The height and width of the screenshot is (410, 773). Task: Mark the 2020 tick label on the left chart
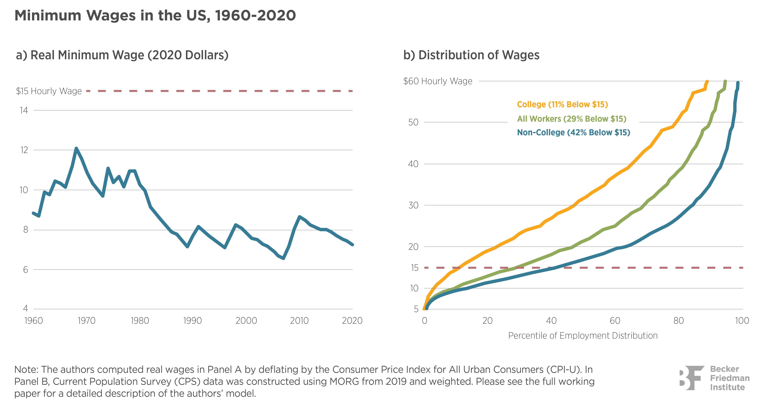(352, 321)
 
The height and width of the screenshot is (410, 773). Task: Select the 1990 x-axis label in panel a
(192, 321)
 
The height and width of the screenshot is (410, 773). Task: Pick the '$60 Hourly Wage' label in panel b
(438, 81)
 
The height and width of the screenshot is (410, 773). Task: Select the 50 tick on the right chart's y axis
(413, 122)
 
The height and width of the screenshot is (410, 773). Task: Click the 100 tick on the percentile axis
(742, 321)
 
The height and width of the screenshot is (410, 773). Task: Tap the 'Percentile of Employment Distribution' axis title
(583, 335)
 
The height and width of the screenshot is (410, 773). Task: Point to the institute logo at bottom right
(714, 378)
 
